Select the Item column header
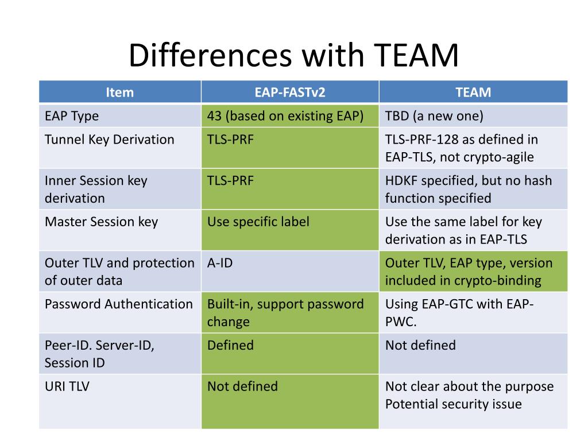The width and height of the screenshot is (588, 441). [x=120, y=92]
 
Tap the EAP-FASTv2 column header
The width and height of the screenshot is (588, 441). [x=290, y=92]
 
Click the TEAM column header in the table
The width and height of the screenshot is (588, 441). [x=473, y=92]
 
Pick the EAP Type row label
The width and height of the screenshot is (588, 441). [x=72, y=116]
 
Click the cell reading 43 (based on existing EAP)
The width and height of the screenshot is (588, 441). [x=285, y=116]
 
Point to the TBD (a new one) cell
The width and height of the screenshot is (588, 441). [x=434, y=116]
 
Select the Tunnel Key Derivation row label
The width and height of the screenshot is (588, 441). [x=109, y=140]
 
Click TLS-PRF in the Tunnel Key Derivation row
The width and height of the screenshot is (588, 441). [x=230, y=140]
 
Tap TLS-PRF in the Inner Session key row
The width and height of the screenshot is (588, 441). [x=230, y=181]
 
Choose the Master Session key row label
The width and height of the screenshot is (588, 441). [x=101, y=222]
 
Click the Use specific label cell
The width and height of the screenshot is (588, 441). [x=258, y=222]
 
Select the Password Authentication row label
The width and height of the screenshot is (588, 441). [x=118, y=304]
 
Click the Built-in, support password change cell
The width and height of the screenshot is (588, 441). [x=285, y=312]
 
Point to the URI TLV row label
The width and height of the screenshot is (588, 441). [x=67, y=386]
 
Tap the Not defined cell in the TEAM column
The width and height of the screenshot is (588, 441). [x=420, y=346]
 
